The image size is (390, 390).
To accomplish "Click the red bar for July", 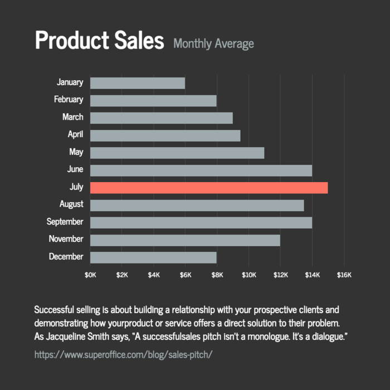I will (209, 188).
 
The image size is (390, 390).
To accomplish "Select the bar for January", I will (137, 83).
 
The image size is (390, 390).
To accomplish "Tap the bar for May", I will (177, 153).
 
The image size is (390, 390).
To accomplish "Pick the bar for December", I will (153, 257).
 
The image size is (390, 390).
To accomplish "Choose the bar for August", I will (197, 205).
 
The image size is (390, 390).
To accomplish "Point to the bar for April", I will (165, 135).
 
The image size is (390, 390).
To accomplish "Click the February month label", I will (69, 100).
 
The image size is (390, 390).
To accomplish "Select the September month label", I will (65, 222).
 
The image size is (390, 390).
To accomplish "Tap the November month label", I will (66, 239).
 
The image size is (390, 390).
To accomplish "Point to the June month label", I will (74, 169).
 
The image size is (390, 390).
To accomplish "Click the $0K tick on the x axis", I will (90, 275).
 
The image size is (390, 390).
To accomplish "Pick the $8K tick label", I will (217, 275).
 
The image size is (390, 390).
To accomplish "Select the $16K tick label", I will (344, 275).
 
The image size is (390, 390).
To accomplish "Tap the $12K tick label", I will (280, 275).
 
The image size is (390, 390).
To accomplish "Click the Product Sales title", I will (100, 41).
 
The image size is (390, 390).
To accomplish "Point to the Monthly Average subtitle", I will (213, 43).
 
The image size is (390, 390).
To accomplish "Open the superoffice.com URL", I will (124, 354).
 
